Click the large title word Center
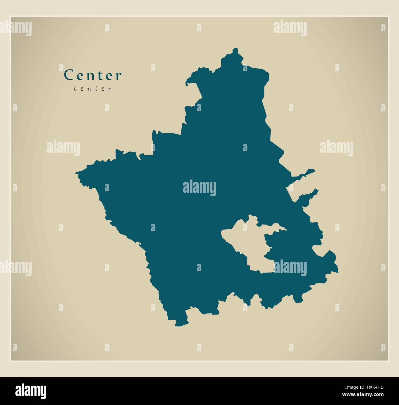(x=93, y=75)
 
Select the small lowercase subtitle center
(x=92, y=89)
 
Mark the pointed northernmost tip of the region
(x=235, y=49)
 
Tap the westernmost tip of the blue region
(x=77, y=173)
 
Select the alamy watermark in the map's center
(x=199, y=188)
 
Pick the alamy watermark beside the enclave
(x=290, y=266)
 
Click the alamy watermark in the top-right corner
(x=289, y=27)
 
